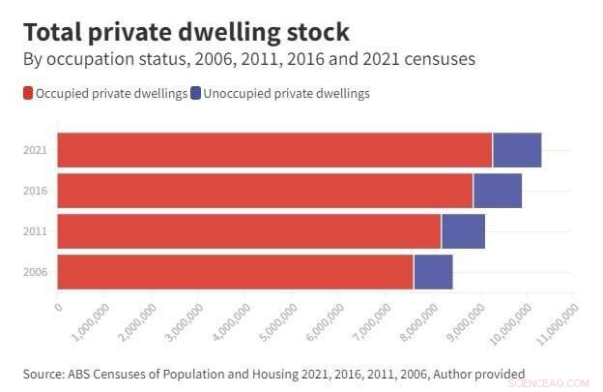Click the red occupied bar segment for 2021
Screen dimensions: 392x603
274,150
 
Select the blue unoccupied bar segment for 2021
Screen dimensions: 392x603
516,150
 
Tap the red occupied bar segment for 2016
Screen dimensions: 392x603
265,191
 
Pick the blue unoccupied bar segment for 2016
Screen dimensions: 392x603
497,191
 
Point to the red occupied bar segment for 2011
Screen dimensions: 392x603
249,231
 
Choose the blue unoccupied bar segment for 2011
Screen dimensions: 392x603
463,231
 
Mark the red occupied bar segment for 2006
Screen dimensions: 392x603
235,272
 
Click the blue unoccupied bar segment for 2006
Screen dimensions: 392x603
433,272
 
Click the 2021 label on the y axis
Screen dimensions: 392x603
34,151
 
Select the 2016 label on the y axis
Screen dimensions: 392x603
34,192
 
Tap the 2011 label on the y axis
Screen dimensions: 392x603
34,232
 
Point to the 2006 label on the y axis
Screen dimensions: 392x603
34,273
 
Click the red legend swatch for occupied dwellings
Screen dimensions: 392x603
28,94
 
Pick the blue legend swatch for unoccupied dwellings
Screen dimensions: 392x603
195,94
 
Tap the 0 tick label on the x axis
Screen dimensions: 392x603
59,307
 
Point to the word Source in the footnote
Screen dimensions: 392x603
43,373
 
